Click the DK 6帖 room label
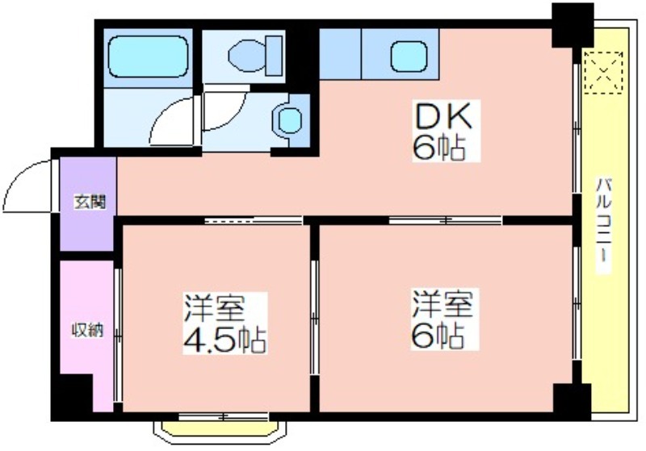tap(447, 131)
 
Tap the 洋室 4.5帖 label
tap(225, 324)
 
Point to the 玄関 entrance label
tap(90, 202)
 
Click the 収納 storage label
tap(87, 330)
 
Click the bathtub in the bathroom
tap(149, 56)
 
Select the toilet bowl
tap(247, 55)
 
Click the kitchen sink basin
tap(409, 56)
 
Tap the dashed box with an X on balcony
tap(603, 73)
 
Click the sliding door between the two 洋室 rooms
tap(314, 318)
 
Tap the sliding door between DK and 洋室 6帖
tap(446, 220)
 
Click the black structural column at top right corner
tap(573, 26)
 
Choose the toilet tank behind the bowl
tap(274, 56)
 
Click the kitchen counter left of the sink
tap(340, 54)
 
